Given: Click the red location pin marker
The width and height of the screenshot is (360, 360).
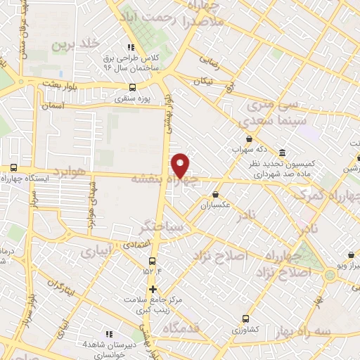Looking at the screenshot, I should pyautogui.click(x=181, y=165).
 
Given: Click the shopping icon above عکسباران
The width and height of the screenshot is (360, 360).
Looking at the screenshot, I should pyautogui.click(x=215, y=195).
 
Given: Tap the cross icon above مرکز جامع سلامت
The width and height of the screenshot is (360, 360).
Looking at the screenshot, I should pyautogui.click(x=152, y=288).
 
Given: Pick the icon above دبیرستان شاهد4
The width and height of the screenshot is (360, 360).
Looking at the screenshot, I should pyautogui.click(x=108, y=334).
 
